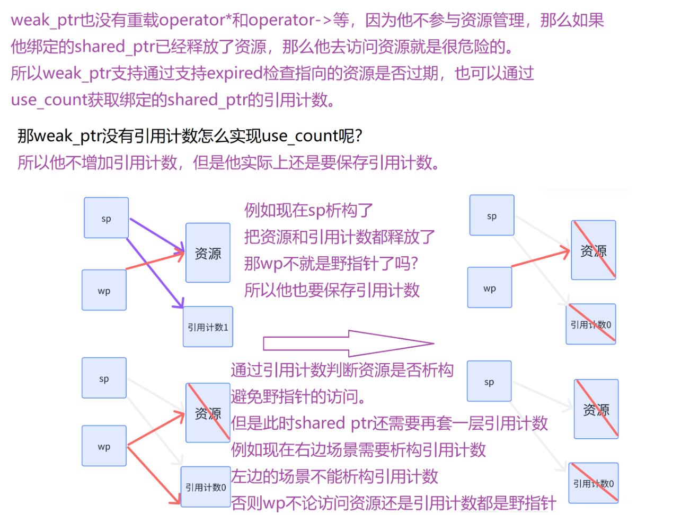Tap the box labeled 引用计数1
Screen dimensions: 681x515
[208, 327]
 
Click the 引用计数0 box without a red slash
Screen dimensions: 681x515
[206, 487]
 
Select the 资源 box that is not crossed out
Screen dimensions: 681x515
[208, 253]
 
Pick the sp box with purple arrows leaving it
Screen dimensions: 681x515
[106, 218]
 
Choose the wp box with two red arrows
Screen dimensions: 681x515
[104, 446]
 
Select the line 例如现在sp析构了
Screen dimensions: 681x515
[308, 211]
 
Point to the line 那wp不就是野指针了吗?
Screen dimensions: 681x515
[331, 263]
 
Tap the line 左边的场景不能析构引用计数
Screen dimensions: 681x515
[334, 476]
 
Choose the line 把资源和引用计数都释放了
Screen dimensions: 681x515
[339, 237]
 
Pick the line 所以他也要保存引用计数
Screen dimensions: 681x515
[332, 290]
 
